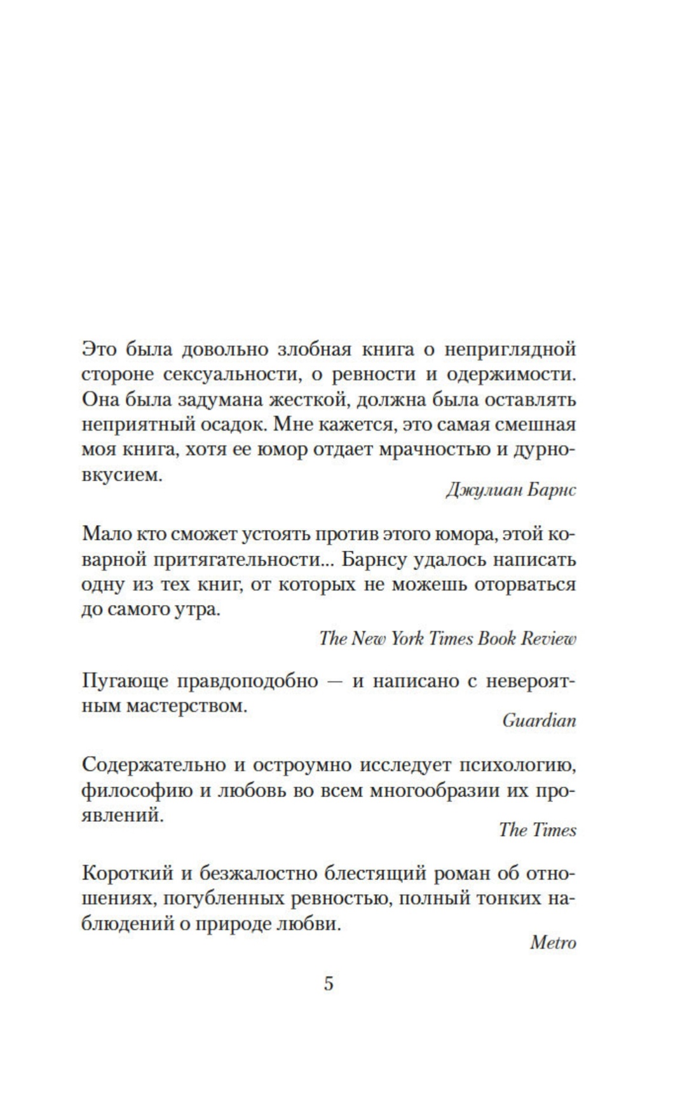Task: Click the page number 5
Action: click(329, 983)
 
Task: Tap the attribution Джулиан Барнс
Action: click(511, 491)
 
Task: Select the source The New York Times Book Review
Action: click(447, 638)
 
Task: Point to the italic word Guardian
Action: click(539, 720)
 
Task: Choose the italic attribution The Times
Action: click(537, 830)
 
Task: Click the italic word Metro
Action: click(553, 942)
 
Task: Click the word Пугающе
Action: click(124, 681)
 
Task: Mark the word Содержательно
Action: click(153, 764)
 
